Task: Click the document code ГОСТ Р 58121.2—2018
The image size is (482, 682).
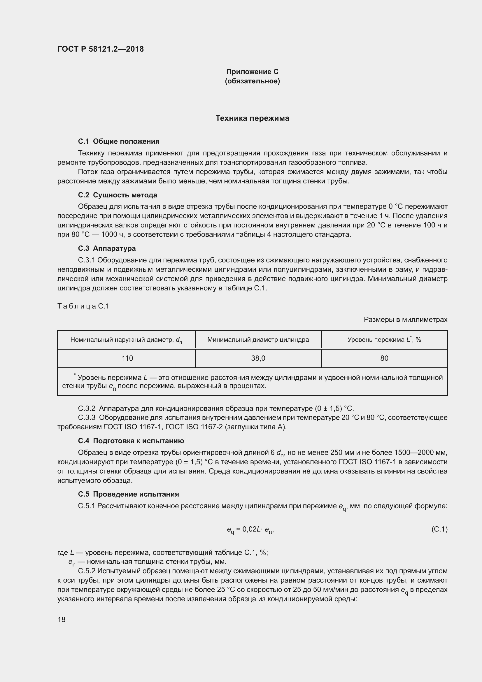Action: coord(100,49)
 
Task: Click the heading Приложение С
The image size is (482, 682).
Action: coord(252,72)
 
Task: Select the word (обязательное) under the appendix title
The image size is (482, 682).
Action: coord(252,81)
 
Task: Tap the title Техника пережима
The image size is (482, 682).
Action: coord(252,118)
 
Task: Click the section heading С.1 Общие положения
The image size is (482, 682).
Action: coord(119,141)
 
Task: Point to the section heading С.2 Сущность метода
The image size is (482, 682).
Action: coord(118,195)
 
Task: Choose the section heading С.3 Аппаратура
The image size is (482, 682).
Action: coord(107,248)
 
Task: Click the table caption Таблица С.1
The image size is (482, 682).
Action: coord(83,306)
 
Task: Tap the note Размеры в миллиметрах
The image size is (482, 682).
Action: coord(405,320)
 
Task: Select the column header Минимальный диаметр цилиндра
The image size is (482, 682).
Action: coord(258,339)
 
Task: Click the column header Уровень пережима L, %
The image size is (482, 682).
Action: coord(384,339)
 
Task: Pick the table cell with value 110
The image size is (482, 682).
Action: coord(127,358)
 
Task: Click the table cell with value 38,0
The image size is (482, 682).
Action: coord(258,358)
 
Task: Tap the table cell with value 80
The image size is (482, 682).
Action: coord(384,358)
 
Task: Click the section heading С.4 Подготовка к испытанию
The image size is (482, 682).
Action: coord(131,441)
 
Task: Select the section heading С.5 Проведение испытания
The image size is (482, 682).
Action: coord(129,494)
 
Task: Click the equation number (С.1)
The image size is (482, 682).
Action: coord(439,529)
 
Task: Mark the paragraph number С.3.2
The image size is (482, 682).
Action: coord(87,409)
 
